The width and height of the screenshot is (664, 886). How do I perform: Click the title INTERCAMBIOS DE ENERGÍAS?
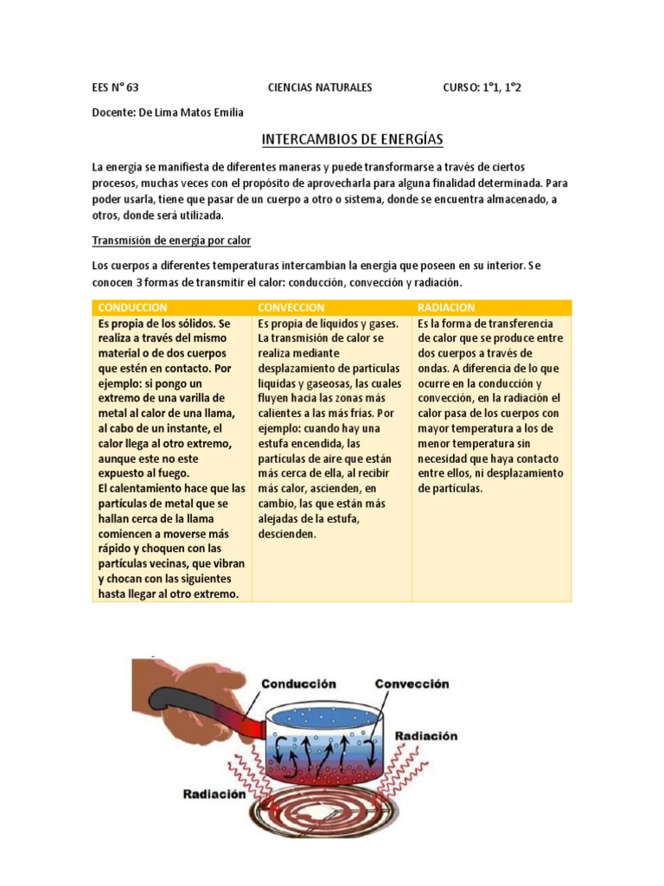tap(352, 139)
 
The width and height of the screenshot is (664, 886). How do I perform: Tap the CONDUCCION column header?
tap(133, 307)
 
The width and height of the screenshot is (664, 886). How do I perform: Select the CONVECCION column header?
tap(291, 307)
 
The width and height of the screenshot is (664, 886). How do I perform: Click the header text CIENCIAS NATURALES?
tap(320, 87)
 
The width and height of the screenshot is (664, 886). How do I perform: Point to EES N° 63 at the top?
tap(115, 87)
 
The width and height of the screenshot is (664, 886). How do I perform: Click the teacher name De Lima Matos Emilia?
tap(169, 112)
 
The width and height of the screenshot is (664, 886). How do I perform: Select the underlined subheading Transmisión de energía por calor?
tap(171, 240)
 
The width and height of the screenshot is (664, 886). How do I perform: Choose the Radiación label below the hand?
tap(214, 794)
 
